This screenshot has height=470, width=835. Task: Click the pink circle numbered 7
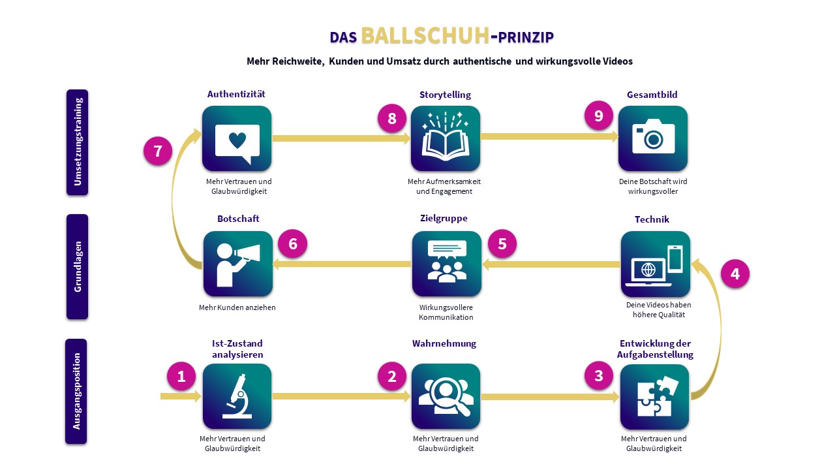(x=158, y=151)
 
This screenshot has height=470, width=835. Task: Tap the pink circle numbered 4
(x=735, y=274)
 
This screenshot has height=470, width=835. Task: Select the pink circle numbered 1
(x=181, y=376)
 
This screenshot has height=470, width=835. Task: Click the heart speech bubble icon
(x=237, y=140)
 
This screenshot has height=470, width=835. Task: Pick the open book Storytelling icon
(x=446, y=138)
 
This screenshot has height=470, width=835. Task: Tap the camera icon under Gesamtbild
(x=653, y=138)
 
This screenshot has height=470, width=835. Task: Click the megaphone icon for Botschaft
(x=237, y=264)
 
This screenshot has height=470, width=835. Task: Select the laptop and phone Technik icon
(x=655, y=264)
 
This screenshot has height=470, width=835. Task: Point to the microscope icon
(x=237, y=396)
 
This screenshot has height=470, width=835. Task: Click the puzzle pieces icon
(x=654, y=396)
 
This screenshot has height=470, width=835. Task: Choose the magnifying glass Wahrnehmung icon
(x=446, y=396)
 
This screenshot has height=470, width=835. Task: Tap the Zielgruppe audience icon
(x=447, y=264)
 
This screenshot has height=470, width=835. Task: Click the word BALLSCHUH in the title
(x=425, y=36)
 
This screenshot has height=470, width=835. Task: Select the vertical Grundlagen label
(x=77, y=267)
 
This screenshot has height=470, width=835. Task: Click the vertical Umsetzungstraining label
(x=77, y=142)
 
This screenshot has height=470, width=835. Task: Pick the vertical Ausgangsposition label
(x=77, y=391)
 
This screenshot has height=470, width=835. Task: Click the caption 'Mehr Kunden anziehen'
(x=237, y=307)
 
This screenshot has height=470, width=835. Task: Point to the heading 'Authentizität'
(x=236, y=94)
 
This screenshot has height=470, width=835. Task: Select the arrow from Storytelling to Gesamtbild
(x=549, y=136)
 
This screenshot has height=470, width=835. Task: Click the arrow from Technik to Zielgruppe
(x=551, y=264)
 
